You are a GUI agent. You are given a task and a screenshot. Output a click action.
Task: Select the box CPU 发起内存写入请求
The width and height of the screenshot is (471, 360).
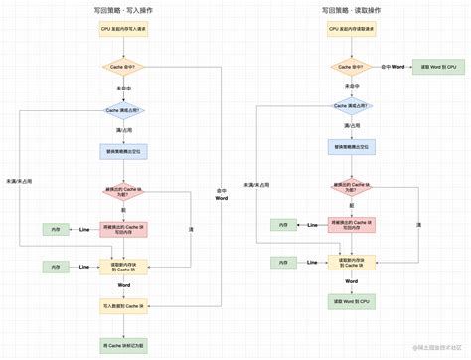point(124,30)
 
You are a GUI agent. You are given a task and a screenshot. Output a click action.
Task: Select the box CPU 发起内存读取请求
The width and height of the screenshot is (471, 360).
point(351,30)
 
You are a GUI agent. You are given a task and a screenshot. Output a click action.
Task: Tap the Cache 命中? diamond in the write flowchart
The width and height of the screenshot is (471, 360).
point(124,69)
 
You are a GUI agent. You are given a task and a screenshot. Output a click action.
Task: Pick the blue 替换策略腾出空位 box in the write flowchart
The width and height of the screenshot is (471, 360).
point(124,152)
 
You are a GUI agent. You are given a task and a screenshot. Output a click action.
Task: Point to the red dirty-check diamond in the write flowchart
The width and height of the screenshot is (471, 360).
point(124,192)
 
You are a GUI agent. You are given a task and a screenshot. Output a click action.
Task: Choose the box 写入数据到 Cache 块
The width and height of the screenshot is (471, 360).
point(124,304)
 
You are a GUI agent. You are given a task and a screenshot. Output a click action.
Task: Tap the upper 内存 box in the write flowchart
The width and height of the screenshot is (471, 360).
point(55,230)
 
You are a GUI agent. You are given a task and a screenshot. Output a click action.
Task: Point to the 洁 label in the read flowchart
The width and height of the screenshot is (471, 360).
point(418,225)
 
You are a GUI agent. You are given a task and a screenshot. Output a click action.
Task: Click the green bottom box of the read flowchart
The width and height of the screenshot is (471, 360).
point(351,299)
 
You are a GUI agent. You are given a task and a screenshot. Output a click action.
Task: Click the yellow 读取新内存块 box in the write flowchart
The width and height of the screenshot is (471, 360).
point(124,267)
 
